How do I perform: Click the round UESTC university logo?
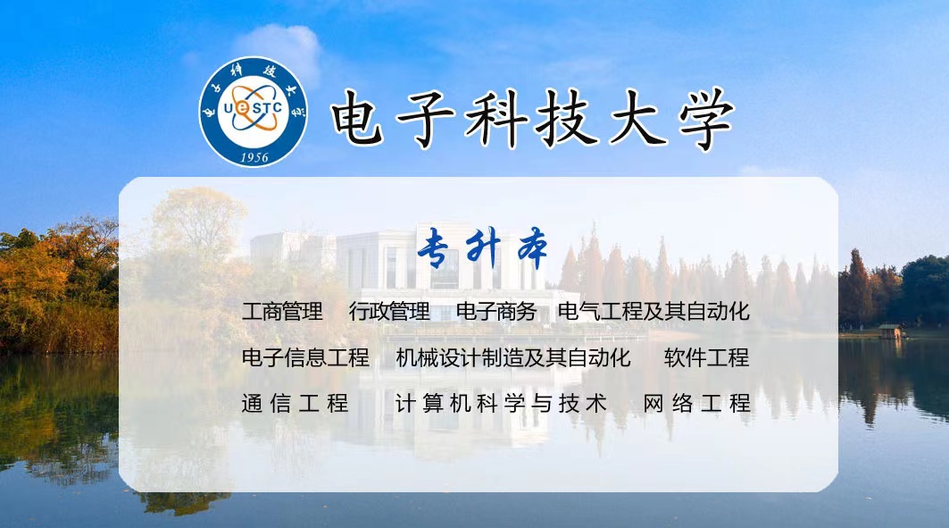254,112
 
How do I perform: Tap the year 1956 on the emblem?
254,157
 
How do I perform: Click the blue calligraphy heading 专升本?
483,248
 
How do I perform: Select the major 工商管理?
282,311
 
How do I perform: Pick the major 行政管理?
389,311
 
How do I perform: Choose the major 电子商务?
496,311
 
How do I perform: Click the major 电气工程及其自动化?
653,311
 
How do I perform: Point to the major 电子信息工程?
305,357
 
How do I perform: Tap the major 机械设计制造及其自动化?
513,357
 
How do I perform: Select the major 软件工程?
706,357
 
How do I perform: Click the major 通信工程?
296,403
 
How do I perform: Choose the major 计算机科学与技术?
501,403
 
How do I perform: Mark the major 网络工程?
696,403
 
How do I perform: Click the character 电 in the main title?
357,119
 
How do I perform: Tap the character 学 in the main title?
706,119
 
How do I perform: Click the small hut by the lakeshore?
890,331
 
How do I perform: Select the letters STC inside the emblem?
266,108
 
